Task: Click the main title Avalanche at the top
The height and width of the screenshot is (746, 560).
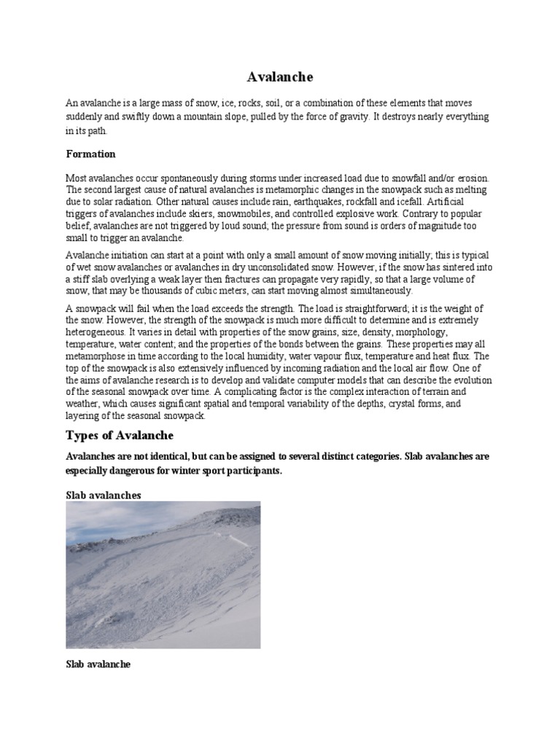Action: coord(279,76)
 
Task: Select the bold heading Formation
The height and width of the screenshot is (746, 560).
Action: coord(90,154)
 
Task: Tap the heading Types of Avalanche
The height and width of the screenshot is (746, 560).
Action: coord(120,436)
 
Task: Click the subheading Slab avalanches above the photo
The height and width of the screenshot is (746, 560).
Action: coord(104,495)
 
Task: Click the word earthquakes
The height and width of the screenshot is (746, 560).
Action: coord(323,201)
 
